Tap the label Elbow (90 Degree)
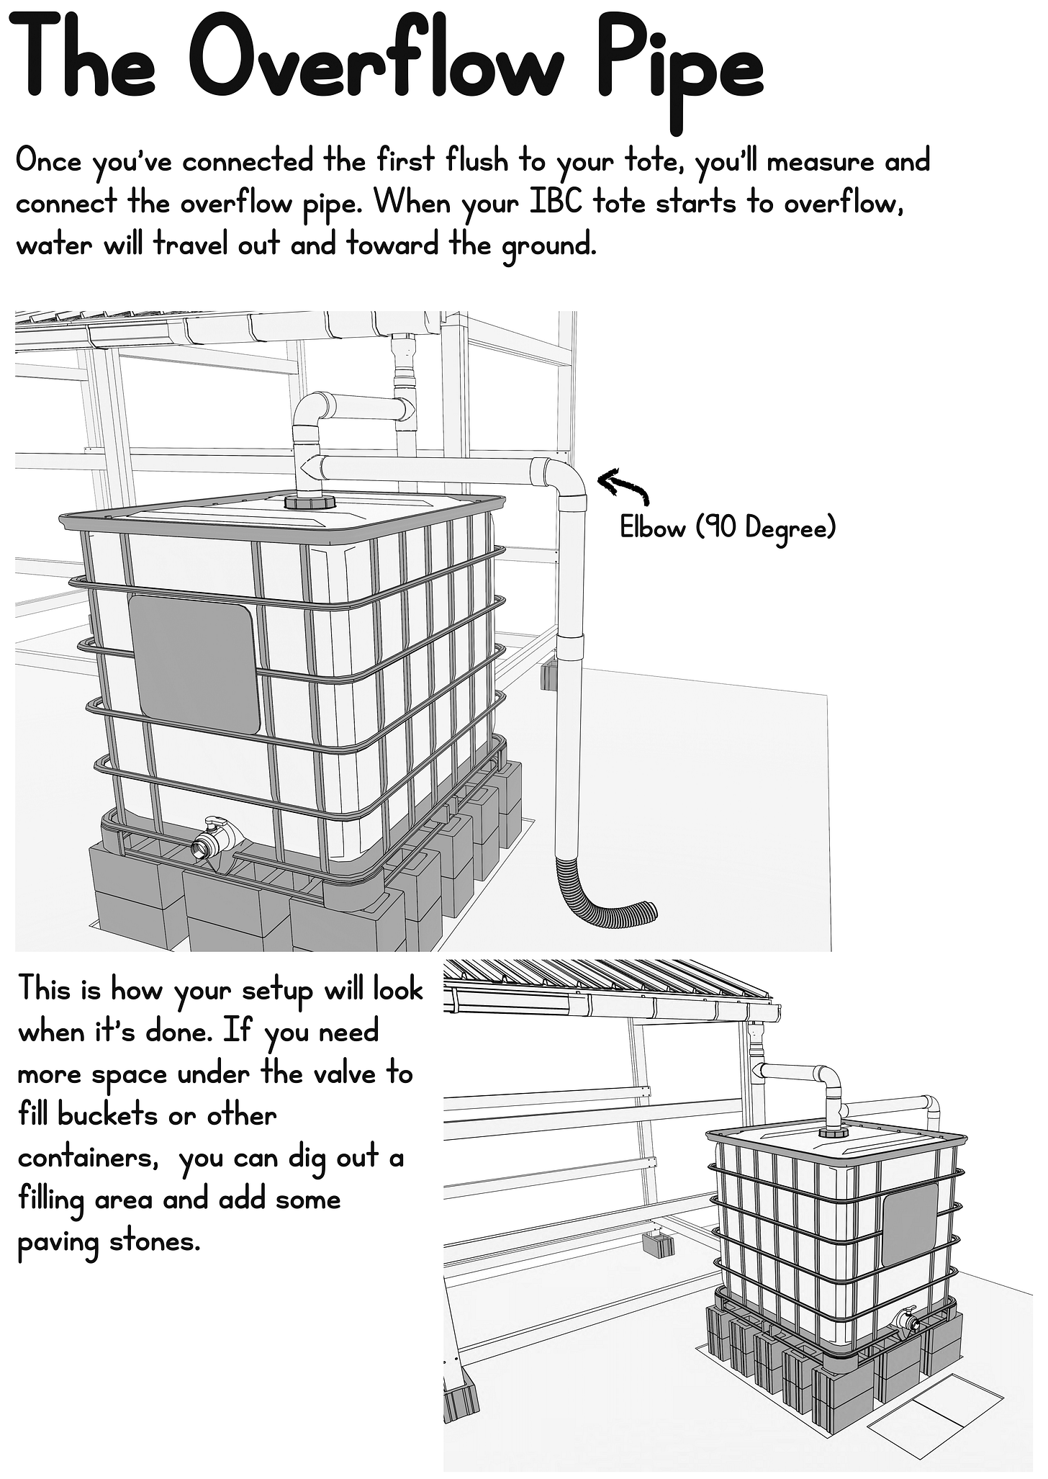(x=728, y=529)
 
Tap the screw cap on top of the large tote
(x=310, y=502)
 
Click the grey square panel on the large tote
(x=194, y=665)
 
